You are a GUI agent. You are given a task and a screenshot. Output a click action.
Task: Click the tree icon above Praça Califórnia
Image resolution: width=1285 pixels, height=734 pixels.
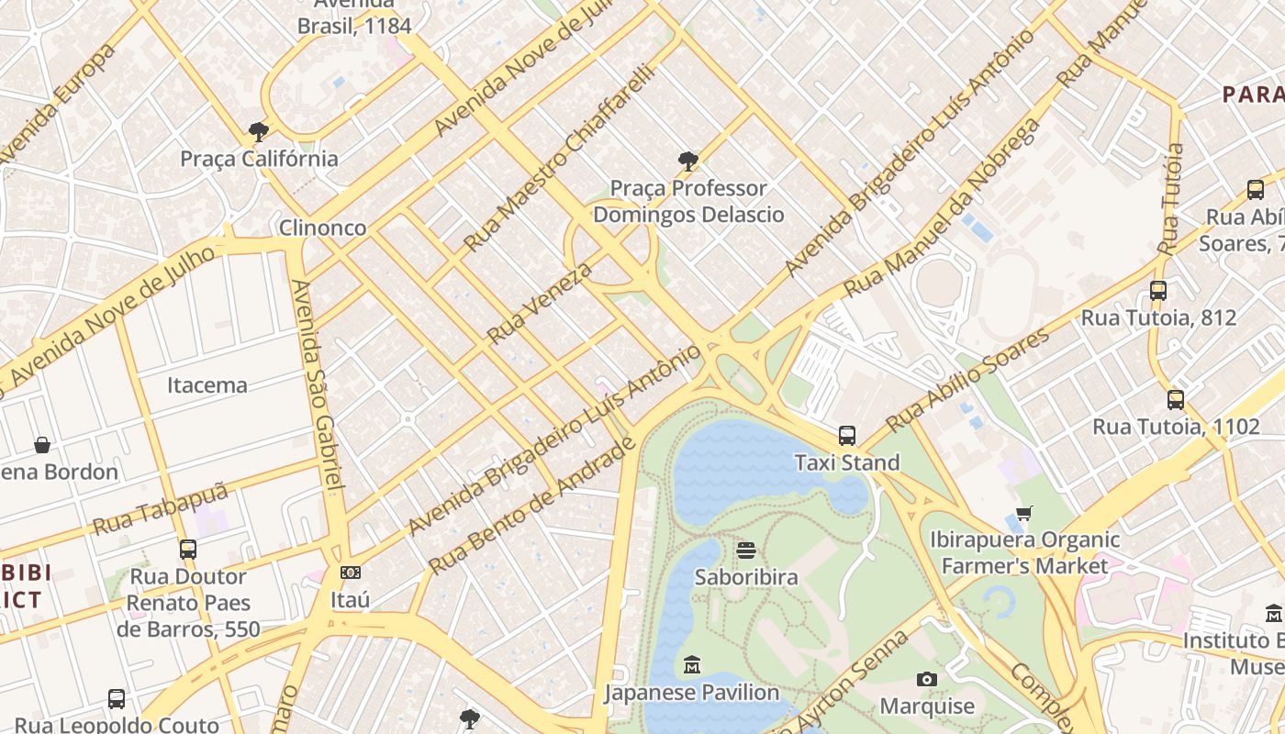pyautogui.click(x=259, y=132)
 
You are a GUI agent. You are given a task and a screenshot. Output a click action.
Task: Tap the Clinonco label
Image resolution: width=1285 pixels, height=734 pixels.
pyautogui.click(x=323, y=228)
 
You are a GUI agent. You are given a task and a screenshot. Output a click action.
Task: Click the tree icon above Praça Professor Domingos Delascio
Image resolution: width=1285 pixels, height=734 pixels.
pyautogui.click(x=687, y=162)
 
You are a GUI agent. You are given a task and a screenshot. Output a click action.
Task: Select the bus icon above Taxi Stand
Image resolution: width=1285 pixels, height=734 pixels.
pyautogui.click(x=846, y=436)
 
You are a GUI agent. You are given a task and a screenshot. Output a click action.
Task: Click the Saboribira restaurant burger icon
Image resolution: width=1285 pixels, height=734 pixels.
pyautogui.click(x=746, y=550)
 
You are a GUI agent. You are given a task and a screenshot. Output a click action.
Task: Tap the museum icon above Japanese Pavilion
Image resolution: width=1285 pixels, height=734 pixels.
pyautogui.click(x=692, y=664)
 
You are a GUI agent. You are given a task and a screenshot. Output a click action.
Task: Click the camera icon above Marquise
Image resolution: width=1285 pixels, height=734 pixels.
pyautogui.click(x=927, y=680)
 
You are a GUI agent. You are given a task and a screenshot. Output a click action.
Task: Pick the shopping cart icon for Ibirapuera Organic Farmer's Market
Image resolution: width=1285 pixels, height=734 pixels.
pyautogui.click(x=1024, y=513)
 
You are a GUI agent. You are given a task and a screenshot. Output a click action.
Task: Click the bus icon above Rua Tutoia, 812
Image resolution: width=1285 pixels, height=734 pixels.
pyautogui.click(x=1158, y=291)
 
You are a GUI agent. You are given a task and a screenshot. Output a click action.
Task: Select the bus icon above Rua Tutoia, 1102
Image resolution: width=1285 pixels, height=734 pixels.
pyautogui.click(x=1176, y=399)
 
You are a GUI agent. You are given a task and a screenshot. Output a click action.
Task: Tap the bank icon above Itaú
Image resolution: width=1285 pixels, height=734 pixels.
pyautogui.click(x=350, y=573)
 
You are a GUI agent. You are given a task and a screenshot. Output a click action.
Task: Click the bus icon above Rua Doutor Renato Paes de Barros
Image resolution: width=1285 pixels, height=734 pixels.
pyautogui.click(x=188, y=549)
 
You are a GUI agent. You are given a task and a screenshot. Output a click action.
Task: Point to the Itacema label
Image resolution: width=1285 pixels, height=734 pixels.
pyautogui.click(x=207, y=385)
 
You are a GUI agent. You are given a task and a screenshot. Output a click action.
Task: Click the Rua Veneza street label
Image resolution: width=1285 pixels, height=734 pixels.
pyautogui.click(x=540, y=303)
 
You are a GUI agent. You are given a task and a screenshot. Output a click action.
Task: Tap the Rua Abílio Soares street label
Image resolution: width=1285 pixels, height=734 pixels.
pyautogui.click(x=968, y=378)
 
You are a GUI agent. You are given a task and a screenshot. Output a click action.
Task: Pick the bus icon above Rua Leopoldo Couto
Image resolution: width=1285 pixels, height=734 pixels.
pyautogui.click(x=117, y=698)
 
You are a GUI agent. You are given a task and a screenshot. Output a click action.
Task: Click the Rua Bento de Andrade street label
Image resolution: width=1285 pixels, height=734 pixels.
pyautogui.click(x=532, y=506)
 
